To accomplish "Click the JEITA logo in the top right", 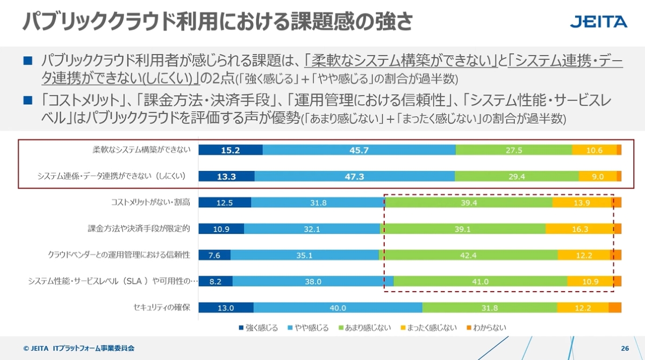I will click(x=598, y=22).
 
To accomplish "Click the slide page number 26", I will click(x=625, y=348).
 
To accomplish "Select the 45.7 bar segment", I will click(x=359, y=150).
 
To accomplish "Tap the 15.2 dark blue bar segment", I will click(x=231, y=150).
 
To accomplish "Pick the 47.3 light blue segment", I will click(x=355, y=176).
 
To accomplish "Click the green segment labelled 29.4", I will click(x=517, y=176).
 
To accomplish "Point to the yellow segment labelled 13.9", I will click(x=582, y=203).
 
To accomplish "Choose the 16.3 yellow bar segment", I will click(x=579, y=229).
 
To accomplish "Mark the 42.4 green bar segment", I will click(x=468, y=255).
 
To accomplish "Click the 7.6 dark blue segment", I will click(x=214, y=255).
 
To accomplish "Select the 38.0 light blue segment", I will click(x=313, y=281).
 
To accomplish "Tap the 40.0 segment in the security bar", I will click(x=338, y=308).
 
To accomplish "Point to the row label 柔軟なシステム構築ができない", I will click(x=142, y=150).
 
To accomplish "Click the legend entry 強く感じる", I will click(x=258, y=327).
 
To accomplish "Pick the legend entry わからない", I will click(x=486, y=327).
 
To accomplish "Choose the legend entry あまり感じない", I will click(x=364, y=327).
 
